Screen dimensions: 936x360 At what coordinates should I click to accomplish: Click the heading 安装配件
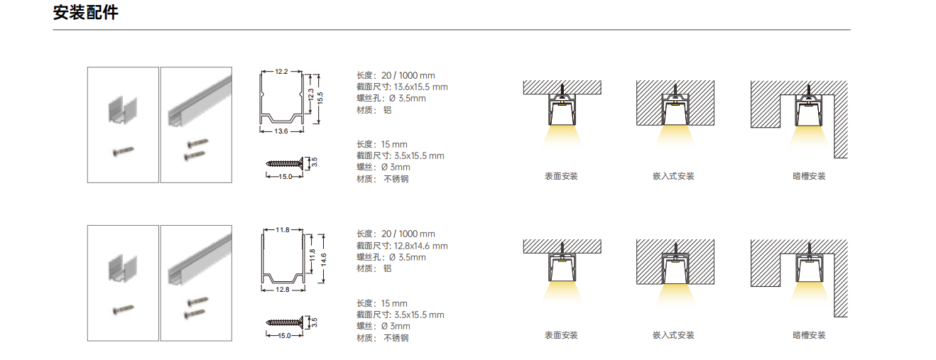86,13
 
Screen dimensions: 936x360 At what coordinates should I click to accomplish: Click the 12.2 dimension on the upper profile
282,72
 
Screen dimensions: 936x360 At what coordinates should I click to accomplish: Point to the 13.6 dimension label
281,131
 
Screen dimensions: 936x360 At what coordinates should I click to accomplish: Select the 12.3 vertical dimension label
310,94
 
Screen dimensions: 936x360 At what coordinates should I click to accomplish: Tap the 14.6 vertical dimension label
323,259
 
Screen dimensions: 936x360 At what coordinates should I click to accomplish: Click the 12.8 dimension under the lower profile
283,290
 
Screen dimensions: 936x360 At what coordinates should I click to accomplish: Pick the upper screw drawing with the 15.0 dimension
285,163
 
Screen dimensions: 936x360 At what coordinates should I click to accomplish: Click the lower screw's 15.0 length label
285,335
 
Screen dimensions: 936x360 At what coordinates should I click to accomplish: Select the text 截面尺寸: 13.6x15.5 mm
402,87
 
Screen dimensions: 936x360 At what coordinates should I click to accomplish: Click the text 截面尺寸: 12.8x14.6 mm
402,246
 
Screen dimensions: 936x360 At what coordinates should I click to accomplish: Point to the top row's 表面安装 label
561,176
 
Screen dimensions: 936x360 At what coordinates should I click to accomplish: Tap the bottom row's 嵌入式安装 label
673,335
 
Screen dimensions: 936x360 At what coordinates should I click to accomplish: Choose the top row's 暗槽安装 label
810,176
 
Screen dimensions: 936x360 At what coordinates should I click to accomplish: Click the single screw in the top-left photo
124,151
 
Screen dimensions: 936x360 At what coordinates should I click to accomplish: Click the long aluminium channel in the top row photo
200,101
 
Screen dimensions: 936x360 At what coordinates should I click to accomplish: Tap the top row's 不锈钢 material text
396,179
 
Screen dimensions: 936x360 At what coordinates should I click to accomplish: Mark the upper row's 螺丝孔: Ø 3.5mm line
391,98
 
